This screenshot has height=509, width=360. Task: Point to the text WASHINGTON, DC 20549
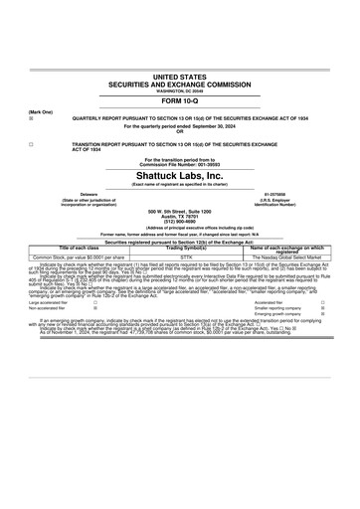click(x=179, y=90)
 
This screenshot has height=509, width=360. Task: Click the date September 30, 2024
click(x=214, y=125)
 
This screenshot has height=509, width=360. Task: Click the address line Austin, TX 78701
click(x=179, y=216)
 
